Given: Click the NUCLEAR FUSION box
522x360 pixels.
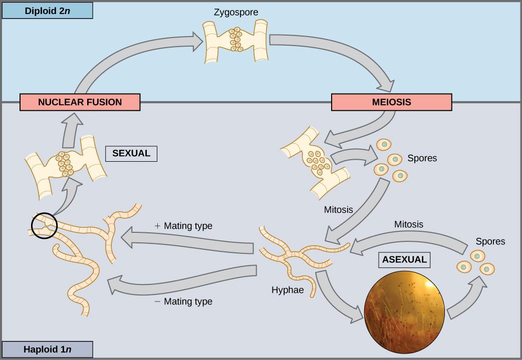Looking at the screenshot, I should click(x=80, y=102).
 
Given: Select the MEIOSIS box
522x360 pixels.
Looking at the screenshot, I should click(x=391, y=102).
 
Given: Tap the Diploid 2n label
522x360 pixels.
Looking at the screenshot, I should click(x=48, y=11).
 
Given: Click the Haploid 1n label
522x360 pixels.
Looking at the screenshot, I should click(x=48, y=349).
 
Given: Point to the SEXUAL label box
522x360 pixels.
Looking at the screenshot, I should click(x=131, y=153).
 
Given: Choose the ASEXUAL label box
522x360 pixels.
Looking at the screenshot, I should click(x=404, y=259).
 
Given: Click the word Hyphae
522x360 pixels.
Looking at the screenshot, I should click(x=288, y=290).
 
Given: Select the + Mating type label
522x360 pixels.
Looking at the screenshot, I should click(x=183, y=226).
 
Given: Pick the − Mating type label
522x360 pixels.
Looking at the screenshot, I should click(x=183, y=301).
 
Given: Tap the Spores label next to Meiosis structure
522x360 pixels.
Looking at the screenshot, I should click(x=422, y=158).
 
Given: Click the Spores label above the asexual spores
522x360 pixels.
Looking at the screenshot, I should click(x=490, y=241).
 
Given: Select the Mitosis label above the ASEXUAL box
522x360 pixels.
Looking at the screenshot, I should click(x=408, y=224).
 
